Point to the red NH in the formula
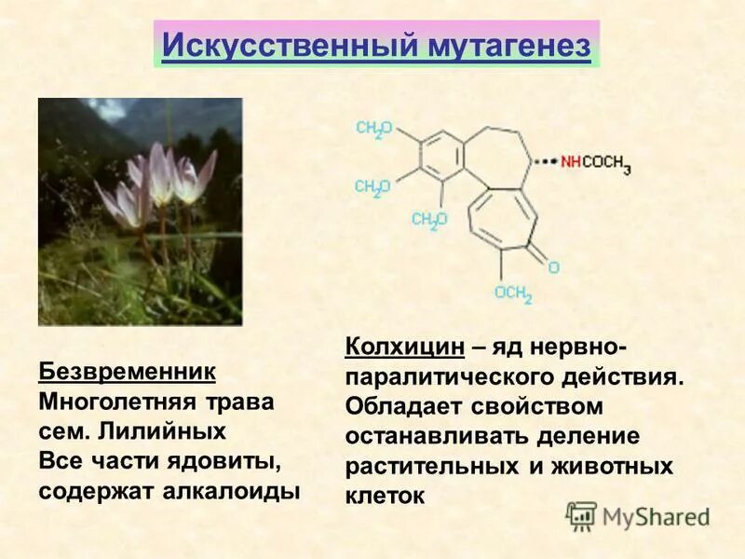click(x=571, y=162)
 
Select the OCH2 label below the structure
click(x=513, y=293)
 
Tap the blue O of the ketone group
click(x=553, y=267)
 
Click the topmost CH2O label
click(x=373, y=130)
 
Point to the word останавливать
click(x=423, y=436)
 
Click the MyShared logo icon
click(x=581, y=515)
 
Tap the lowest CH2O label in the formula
click(x=429, y=220)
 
